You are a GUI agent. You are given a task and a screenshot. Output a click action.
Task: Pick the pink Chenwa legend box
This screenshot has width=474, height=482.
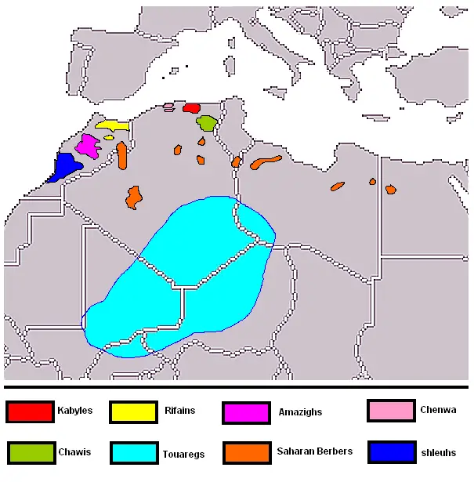pos(389,411)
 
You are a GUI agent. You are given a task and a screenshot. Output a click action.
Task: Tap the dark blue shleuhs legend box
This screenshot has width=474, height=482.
pos(389,452)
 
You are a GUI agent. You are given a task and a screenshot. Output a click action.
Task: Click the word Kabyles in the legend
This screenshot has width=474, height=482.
pos(74,411)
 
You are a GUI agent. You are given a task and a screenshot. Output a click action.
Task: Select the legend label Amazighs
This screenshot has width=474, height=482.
pos(300,411)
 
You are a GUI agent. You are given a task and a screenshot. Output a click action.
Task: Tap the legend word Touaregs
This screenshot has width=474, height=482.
pos(181,453)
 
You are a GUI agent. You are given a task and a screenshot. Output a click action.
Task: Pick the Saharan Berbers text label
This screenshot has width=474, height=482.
pos(315,451)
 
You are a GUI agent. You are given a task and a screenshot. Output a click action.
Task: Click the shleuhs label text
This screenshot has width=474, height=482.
pos(438,452)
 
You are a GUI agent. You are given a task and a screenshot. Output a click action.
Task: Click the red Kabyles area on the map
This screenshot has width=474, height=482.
pos(190,107)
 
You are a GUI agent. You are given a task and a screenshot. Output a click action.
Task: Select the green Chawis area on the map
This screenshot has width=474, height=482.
pos(207,123)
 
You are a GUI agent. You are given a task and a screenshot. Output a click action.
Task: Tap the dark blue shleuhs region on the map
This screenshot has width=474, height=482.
pos(65,167)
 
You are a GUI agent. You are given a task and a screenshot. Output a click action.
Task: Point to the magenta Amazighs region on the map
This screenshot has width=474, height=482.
pos(87,145)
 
